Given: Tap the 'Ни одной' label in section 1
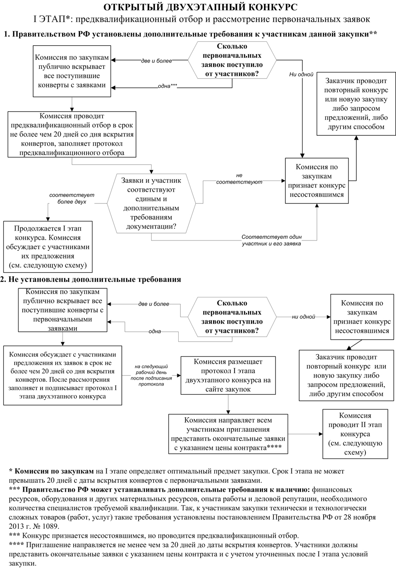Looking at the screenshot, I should click(x=301, y=75).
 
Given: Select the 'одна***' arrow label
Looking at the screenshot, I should click(x=167, y=86).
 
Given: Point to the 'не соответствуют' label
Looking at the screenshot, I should click(x=239, y=179).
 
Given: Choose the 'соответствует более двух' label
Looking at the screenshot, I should click(x=68, y=198).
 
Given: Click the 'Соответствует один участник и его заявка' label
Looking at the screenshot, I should click(x=271, y=240).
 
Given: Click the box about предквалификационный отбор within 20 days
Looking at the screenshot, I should click(x=72, y=134).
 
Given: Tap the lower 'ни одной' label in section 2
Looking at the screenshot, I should click(x=304, y=317).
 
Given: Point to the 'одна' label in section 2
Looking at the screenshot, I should click(x=155, y=331).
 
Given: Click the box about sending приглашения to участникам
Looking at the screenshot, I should click(x=228, y=434).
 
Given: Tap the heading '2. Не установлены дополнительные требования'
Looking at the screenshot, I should click(x=91, y=280).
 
